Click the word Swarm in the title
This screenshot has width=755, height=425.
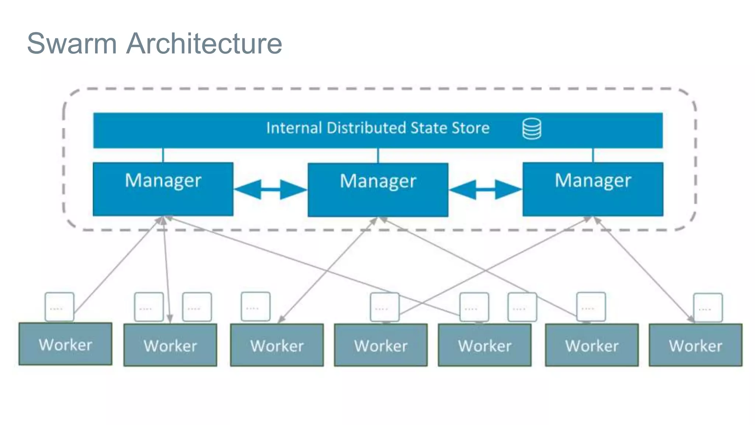coord(72,44)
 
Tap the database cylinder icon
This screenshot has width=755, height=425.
coord(532,129)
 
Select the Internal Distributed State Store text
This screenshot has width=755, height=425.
coord(377,128)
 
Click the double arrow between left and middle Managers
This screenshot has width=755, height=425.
coord(270,189)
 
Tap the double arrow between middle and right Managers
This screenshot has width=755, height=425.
coord(485,189)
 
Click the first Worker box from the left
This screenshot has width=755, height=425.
coord(65,344)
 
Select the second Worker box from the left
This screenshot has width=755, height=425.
coord(170,345)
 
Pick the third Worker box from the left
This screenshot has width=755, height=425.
coord(277,345)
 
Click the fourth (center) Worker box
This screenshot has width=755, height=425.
coord(381,345)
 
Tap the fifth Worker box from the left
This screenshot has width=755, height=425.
coord(484,345)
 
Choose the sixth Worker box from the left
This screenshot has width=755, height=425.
coord(592,345)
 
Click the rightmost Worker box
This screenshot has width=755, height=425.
coord(695,345)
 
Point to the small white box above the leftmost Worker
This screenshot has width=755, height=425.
coord(59,307)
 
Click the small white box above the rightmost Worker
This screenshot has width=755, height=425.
coord(708,308)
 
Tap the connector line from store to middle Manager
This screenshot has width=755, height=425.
coord(378,155)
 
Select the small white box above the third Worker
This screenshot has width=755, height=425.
coord(255,307)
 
